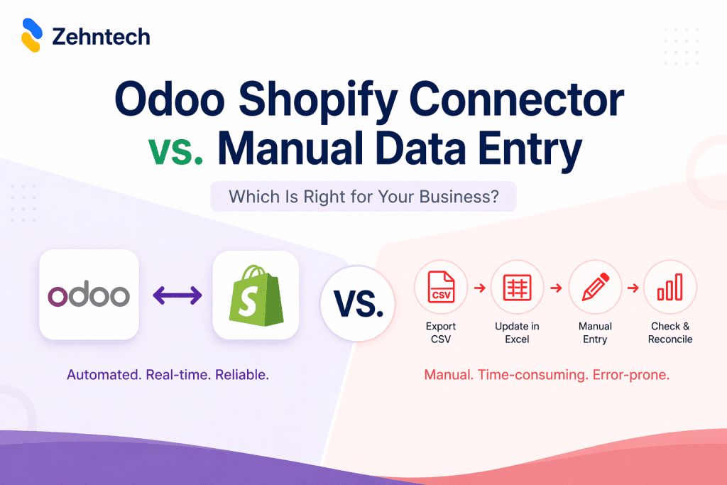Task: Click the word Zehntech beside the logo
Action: tap(101, 36)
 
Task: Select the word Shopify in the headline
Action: tap(337, 101)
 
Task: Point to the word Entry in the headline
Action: tap(528, 153)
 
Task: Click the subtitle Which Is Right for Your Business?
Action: tap(363, 197)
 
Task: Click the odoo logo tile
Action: tap(89, 294)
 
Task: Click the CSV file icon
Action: tap(441, 288)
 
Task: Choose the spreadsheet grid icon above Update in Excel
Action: tap(517, 288)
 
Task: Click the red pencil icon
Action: tap(595, 288)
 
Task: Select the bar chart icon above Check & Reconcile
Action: tap(670, 288)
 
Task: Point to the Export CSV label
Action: tap(441, 332)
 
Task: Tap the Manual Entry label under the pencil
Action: tap(595, 332)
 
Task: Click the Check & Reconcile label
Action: tap(670, 332)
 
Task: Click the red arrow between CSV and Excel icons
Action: tap(480, 288)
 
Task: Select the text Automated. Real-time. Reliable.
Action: tap(168, 374)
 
